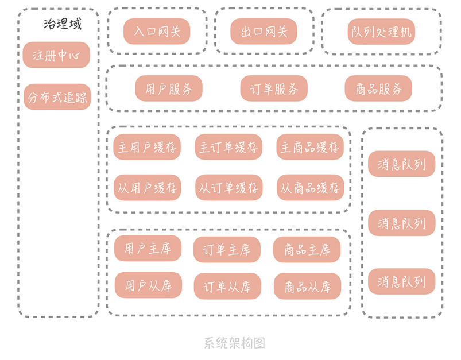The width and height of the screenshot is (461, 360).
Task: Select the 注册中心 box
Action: point(57,55)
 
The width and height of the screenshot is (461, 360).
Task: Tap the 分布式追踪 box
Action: point(57,97)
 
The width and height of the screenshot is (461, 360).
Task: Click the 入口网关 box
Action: point(157,32)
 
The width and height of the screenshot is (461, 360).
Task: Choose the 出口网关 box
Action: point(264,32)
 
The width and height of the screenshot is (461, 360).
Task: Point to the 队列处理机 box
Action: point(381,32)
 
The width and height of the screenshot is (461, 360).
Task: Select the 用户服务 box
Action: point(169,88)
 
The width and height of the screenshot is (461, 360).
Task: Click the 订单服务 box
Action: point(274,88)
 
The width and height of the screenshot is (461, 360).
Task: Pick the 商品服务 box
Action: point(379,88)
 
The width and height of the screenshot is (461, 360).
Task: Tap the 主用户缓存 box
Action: point(147,147)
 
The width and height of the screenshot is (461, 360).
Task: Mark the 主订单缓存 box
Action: point(228,147)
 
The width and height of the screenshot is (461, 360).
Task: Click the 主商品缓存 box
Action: point(310,147)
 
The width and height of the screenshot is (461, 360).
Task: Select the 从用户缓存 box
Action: point(147,187)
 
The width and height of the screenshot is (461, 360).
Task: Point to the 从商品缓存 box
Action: point(310,187)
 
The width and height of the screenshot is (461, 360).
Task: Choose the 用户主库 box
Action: point(148,248)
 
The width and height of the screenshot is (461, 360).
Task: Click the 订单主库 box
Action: point(227,249)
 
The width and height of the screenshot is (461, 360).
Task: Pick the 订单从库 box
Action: point(227,286)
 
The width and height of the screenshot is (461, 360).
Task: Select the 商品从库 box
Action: point(308,286)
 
